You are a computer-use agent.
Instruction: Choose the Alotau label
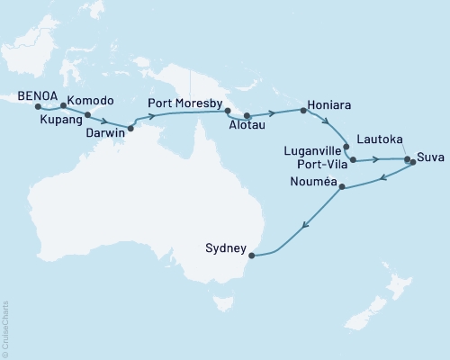(x=231, y=128)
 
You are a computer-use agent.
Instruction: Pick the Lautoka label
(x=378, y=139)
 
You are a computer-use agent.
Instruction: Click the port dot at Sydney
(x=251, y=256)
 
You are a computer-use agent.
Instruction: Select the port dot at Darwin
(x=130, y=128)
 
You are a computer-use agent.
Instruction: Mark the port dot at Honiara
(x=303, y=111)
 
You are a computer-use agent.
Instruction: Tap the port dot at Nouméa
(x=339, y=188)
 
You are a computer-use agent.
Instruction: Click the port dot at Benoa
(x=38, y=107)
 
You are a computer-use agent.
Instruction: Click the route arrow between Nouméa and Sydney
(x=308, y=226)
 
